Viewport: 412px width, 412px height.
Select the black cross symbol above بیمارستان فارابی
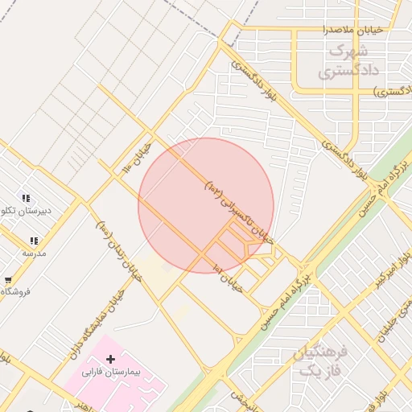[x=110, y=358]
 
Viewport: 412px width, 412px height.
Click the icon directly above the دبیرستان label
[x=27, y=198]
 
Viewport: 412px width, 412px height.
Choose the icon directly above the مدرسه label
[x=34, y=241]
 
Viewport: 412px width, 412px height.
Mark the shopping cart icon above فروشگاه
[x=8, y=279]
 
